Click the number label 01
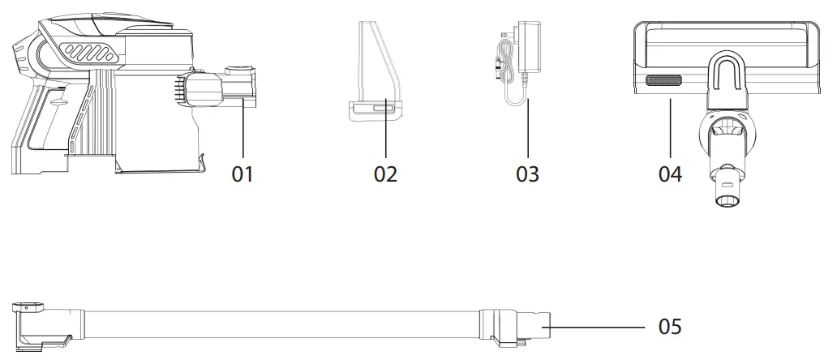click(243, 174)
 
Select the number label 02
click(385, 174)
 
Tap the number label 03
click(527, 174)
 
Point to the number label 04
click(670, 174)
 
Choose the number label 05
click(670, 327)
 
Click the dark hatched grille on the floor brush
click(663, 80)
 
